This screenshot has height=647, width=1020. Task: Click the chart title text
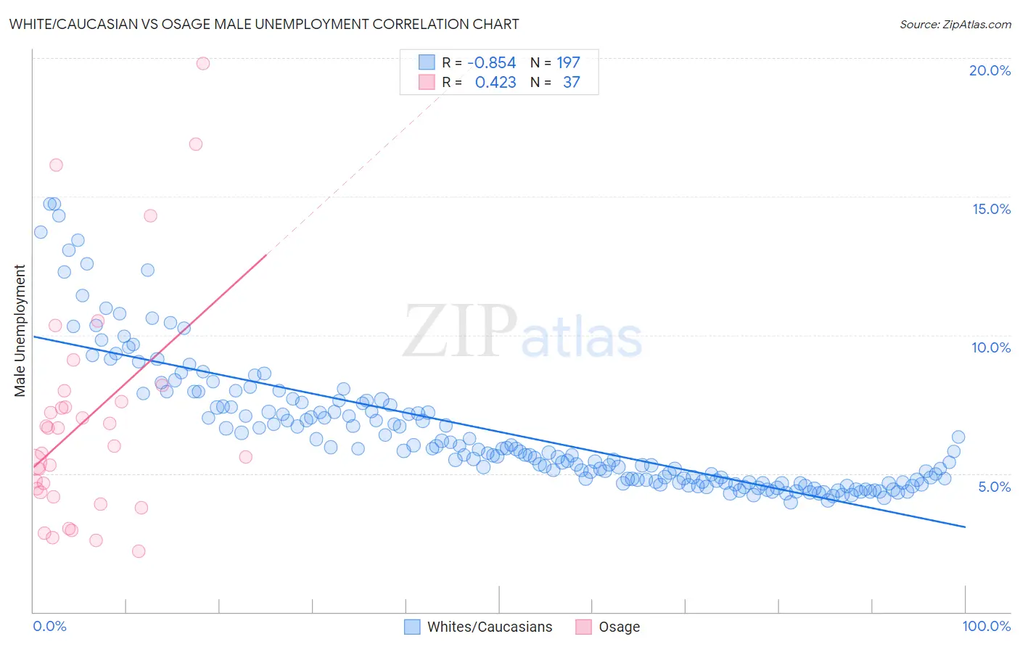264,24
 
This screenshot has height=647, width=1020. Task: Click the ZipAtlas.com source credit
955,25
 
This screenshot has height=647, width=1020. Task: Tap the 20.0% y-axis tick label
990,70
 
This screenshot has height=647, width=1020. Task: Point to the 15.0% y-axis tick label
991,209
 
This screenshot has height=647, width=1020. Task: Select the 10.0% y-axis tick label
991,347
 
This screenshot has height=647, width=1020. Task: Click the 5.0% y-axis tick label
994,487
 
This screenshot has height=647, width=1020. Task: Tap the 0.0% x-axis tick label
49,626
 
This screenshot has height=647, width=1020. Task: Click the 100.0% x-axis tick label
986,626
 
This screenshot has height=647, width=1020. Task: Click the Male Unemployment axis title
20,331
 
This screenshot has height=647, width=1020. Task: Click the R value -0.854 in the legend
492,63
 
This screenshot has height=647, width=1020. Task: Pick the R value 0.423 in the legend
495,83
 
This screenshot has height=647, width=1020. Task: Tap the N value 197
568,63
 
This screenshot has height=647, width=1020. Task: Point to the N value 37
571,83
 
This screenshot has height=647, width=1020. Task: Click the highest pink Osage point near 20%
203,64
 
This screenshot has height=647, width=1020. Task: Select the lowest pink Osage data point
139,551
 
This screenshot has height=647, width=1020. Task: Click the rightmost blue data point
958,437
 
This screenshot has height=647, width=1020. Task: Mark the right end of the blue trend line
965,527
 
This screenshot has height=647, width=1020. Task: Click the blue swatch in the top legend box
427,62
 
